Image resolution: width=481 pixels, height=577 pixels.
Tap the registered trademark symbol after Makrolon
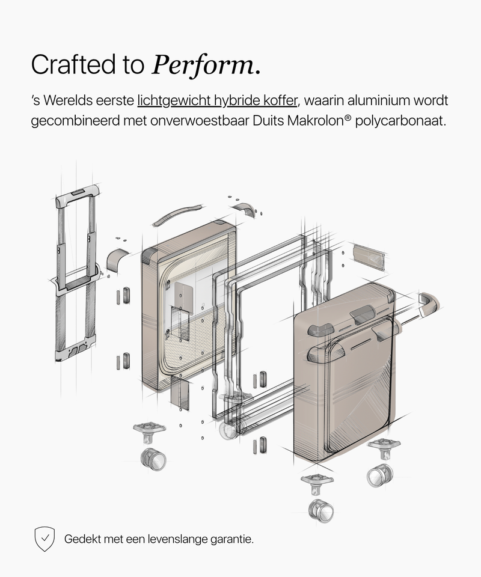pos(348,118)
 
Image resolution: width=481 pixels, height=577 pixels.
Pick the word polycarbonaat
pos(400,121)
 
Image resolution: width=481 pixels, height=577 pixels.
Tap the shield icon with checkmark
pos(44,539)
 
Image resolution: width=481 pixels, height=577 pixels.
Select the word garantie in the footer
pos(231,540)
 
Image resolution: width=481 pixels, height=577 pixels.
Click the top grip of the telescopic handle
pos(78,194)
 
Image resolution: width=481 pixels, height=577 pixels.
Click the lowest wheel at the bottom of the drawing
pos(321,511)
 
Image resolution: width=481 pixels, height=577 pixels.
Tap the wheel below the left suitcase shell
pos(153,459)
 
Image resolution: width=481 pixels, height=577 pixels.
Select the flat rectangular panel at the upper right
pos(369,257)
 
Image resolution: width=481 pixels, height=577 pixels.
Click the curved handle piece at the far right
pos(429,304)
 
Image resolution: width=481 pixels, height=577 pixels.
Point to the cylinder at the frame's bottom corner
pos(229,429)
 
